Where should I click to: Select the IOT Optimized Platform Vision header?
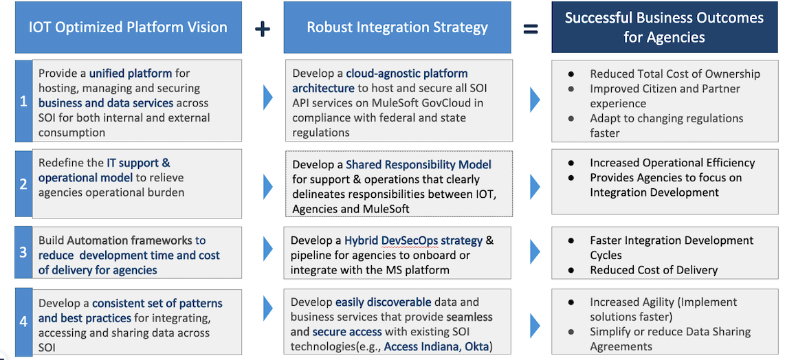[x=128, y=28]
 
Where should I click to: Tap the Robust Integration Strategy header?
[x=397, y=28]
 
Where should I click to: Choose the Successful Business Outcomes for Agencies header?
[x=664, y=28]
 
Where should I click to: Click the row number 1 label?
[x=23, y=102]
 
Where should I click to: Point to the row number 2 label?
[x=23, y=183]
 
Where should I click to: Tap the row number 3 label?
[x=23, y=252]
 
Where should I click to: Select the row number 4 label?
[x=23, y=320]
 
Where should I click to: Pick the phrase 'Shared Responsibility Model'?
[x=419, y=165]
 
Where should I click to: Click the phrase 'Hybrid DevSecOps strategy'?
[x=413, y=240]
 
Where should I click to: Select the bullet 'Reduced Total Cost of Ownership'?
[x=674, y=74]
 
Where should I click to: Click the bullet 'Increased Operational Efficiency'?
[x=672, y=163]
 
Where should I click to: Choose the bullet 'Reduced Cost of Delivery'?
[x=653, y=270]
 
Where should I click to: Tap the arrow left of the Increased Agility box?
[x=534, y=324]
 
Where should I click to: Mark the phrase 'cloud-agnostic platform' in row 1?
[x=406, y=74]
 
